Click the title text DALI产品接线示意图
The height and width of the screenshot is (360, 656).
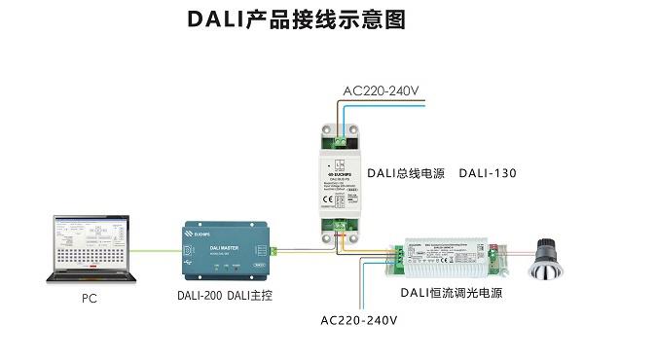[x=295, y=19]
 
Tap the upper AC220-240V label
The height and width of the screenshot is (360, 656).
[x=381, y=92]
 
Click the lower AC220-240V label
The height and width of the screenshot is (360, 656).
[x=359, y=319]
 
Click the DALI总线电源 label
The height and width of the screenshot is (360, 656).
[x=403, y=174]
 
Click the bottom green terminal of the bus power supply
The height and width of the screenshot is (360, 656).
[x=340, y=229]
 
